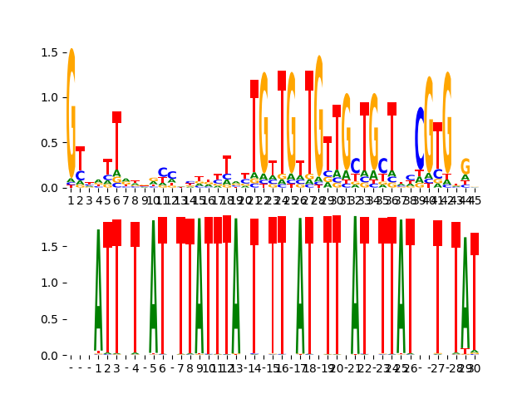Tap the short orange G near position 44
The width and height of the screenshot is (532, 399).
[465, 167]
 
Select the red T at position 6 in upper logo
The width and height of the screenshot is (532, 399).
[117, 118]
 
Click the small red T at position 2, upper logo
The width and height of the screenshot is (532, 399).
[81, 150]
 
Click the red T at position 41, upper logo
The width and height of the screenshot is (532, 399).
[438, 127]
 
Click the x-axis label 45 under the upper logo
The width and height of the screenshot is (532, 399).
[475, 200]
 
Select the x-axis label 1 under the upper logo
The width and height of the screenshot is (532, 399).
[71, 200]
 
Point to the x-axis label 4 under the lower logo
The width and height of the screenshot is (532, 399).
[135, 368]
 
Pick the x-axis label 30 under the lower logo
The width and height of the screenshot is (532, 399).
[475, 368]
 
